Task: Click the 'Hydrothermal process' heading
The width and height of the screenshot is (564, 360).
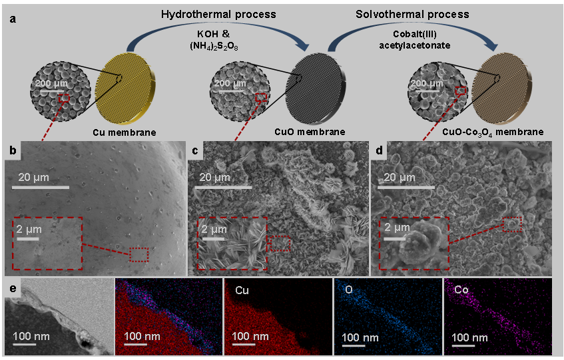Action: (218, 15)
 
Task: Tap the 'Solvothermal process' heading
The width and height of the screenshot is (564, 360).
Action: (412, 15)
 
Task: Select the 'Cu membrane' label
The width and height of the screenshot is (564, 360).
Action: (125, 132)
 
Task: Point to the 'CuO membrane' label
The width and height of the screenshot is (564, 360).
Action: (310, 132)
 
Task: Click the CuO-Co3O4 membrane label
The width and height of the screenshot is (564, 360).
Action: (493, 132)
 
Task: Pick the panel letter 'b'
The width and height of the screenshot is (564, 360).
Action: (13, 150)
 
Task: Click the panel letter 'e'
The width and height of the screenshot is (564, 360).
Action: (13, 288)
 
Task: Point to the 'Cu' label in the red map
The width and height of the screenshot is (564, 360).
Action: (242, 290)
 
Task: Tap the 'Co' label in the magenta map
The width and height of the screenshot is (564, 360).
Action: (461, 289)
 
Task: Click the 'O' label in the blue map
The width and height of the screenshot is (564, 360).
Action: (348, 289)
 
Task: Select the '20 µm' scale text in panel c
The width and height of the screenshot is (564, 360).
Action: (214, 177)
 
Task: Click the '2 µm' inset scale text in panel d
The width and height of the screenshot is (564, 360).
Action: (397, 227)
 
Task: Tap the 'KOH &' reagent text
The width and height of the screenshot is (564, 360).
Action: (213, 34)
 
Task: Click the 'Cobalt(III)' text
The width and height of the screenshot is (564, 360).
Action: (414, 34)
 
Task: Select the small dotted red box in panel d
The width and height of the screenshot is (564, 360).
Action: (512, 224)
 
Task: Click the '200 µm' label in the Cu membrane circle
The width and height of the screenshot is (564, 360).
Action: (51, 84)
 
